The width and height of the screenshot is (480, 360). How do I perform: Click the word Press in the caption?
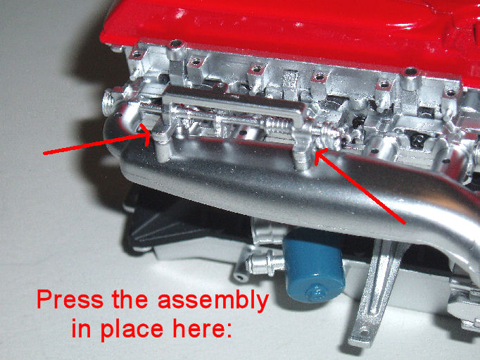[x=70, y=300]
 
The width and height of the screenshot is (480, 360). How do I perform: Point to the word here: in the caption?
[x=202, y=327]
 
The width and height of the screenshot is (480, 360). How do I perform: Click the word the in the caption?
[x=130, y=299]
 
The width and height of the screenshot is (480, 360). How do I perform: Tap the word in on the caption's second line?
[x=82, y=327]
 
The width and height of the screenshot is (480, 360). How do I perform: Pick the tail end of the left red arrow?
[x=44, y=153]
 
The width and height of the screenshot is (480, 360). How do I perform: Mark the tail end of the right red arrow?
[x=405, y=223]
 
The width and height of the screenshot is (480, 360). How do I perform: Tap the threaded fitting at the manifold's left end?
[x=109, y=101]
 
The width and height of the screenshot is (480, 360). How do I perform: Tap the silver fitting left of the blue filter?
[x=264, y=262]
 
